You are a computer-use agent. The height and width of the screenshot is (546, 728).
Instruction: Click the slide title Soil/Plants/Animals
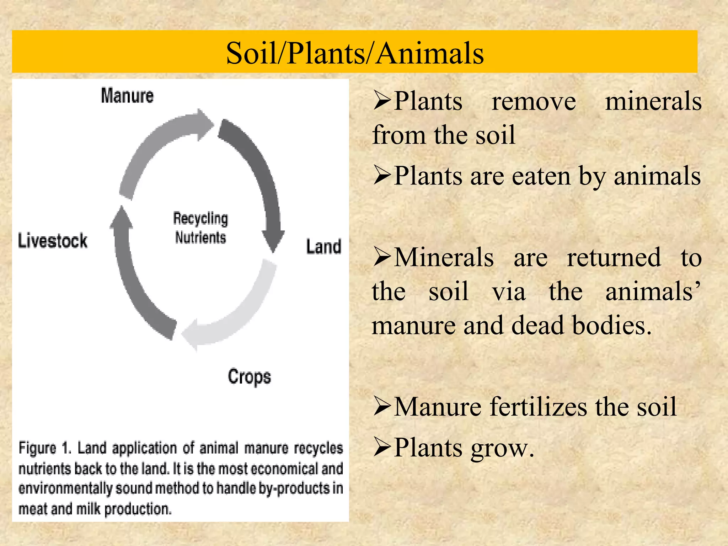(x=355, y=53)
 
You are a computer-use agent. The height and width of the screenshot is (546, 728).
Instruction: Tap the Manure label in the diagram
(x=127, y=96)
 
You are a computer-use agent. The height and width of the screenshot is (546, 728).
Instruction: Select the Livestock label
(x=53, y=241)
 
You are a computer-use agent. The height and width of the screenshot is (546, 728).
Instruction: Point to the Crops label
(x=249, y=377)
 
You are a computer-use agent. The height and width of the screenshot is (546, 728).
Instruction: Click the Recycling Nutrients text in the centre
(x=200, y=228)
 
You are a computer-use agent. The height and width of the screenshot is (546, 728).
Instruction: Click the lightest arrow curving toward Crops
(x=242, y=309)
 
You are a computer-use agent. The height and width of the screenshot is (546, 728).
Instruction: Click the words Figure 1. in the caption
(x=45, y=448)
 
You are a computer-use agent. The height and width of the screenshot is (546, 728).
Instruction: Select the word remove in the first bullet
(x=533, y=102)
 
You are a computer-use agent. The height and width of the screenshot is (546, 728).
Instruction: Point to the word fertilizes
(x=539, y=407)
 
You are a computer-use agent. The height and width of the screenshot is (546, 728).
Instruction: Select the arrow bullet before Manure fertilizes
(x=382, y=407)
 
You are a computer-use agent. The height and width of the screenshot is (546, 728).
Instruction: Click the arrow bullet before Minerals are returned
(x=382, y=258)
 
